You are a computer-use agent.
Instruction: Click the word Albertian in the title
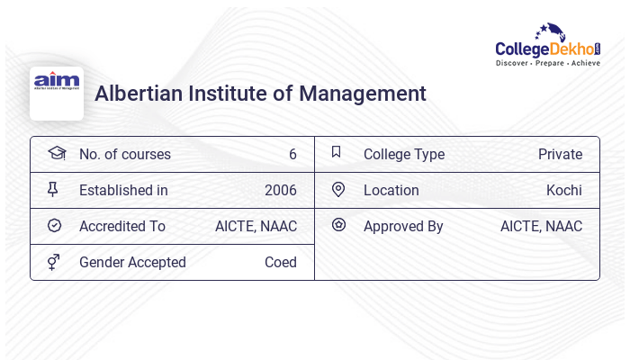(x=136, y=93)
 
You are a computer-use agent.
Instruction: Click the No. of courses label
(x=125, y=154)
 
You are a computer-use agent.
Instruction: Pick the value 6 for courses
(x=292, y=154)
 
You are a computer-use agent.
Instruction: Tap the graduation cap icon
(x=56, y=154)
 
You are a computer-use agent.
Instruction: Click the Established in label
(x=123, y=190)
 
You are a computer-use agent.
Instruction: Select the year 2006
(x=281, y=190)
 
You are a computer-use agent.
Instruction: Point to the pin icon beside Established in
(x=54, y=190)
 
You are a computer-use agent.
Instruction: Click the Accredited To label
(x=122, y=226)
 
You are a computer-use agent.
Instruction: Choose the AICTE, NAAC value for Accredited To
(x=256, y=226)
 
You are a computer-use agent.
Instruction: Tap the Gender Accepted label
(x=132, y=262)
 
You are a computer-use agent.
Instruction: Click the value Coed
(x=281, y=262)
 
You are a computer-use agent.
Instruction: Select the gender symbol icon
(x=54, y=262)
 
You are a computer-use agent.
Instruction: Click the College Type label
(x=404, y=154)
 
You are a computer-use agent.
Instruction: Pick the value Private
(x=560, y=154)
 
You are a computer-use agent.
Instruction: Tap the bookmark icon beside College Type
(x=337, y=153)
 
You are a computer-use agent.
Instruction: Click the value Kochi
(x=564, y=190)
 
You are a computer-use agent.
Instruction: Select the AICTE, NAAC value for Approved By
(x=541, y=226)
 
